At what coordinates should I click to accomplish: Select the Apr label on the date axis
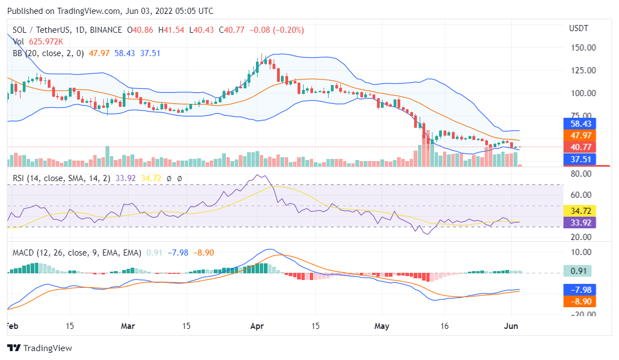(256, 326)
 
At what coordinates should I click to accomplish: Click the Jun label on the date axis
(511, 326)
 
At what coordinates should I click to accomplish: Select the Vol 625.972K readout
(38, 41)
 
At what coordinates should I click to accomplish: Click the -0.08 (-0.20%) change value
(276, 30)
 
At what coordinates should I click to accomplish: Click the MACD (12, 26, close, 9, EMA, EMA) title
(77, 253)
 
